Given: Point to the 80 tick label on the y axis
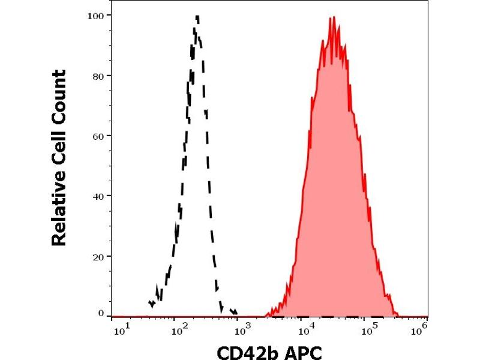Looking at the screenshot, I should coord(98,76).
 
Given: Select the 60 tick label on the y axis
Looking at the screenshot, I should coord(98,136).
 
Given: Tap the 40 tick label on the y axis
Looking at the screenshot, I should coord(98,196).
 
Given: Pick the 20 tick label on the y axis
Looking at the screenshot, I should coord(98,256).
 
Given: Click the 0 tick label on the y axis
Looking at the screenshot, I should coord(101,313).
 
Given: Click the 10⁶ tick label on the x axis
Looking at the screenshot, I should coord(422,327).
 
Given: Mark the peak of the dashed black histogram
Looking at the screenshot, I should coord(197,16).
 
